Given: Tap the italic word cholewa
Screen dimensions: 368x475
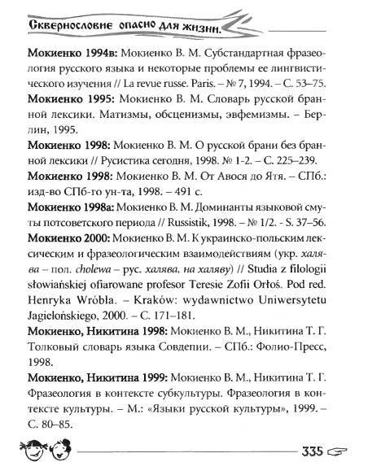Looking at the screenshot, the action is point(93,279).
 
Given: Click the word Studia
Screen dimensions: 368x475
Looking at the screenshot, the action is point(275,279).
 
